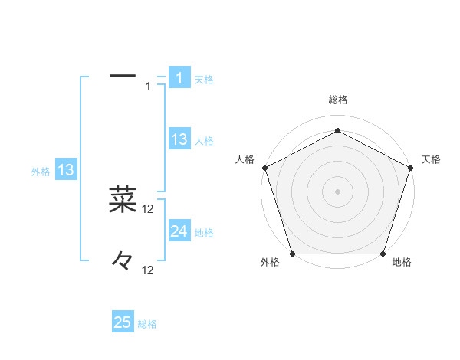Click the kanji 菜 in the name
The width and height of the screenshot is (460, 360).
(123, 199)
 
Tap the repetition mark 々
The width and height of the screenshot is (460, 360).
(123, 260)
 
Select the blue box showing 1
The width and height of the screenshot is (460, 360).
(179, 78)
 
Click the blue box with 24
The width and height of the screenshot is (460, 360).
(179, 231)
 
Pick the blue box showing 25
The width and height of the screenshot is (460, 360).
(123, 322)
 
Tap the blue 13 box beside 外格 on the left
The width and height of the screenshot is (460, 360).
(66, 170)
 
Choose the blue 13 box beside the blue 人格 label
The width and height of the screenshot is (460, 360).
(179, 139)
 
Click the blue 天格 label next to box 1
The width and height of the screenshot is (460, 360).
(204, 79)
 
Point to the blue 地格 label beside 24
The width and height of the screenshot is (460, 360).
(204, 232)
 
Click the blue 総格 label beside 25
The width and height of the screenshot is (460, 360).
(147, 324)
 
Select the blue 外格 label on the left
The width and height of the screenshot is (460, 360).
(41, 172)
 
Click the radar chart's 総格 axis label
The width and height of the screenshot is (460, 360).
(337, 100)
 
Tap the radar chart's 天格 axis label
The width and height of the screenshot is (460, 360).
(432, 159)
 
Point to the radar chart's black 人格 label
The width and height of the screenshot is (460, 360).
(245, 159)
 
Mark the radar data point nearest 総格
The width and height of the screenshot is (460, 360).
(337, 130)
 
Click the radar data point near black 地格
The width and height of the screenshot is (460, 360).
(383, 254)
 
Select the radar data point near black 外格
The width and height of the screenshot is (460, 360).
(292, 254)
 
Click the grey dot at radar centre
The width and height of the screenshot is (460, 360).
(337, 191)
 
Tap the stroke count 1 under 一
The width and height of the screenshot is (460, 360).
(148, 86)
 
